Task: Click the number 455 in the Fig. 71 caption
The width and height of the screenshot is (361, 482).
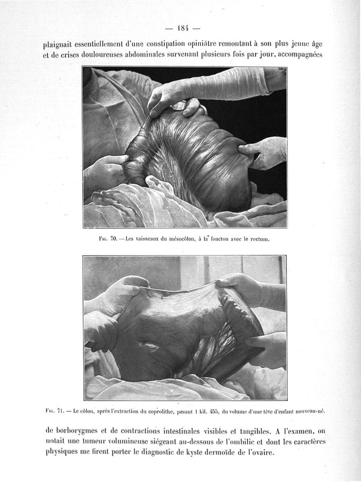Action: coord(222,411)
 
